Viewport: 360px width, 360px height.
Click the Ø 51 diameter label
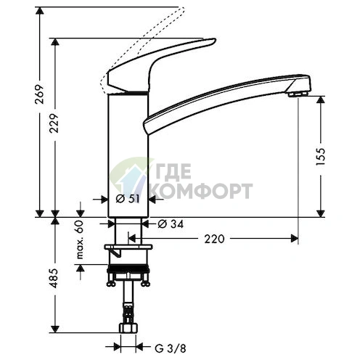(126, 198)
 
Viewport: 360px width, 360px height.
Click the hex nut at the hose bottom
(128, 335)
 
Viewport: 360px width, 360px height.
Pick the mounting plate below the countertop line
(128, 250)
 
